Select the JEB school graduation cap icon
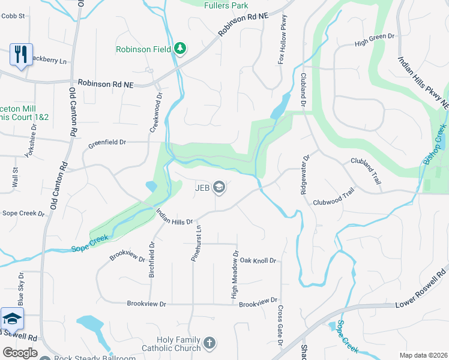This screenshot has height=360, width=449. [219, 188]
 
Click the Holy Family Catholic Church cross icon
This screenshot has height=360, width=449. [209, 343]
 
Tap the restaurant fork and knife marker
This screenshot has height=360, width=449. [21, 55]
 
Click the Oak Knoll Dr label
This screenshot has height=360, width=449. [258, 260]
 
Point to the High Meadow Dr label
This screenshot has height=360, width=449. [235, 275]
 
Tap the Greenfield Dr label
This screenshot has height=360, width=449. [107, 143]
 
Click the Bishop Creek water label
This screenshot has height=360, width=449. [435, 145]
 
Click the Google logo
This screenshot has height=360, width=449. [19, 353]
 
